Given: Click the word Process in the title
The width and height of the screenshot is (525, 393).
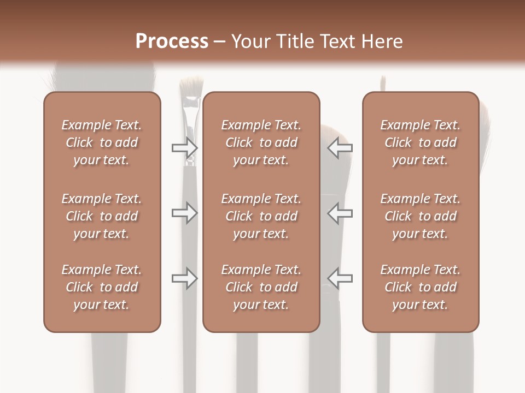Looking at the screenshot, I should click(172, 41).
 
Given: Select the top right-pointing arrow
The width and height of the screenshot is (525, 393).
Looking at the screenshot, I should click(184, 147).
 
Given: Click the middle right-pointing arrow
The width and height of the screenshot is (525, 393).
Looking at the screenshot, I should click(184, 213).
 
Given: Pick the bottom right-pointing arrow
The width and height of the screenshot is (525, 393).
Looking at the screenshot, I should click(184, 278).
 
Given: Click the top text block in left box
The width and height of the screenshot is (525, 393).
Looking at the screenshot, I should click(102, 142).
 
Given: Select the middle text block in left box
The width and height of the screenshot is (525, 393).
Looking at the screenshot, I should click(102, 216).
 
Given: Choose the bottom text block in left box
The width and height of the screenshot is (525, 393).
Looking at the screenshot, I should click(102, 287).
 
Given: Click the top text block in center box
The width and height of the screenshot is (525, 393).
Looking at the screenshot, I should click(261, 142).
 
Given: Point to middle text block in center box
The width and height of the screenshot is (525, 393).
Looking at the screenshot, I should click(261, 216).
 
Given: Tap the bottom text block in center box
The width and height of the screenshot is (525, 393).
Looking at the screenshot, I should click(261, 287).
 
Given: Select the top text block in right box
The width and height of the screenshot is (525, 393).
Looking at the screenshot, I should click(420, 142).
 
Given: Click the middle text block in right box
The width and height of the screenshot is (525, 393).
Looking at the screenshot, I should click(420, 216).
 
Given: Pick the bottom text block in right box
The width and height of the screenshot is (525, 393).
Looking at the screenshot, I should click(420, 287).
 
